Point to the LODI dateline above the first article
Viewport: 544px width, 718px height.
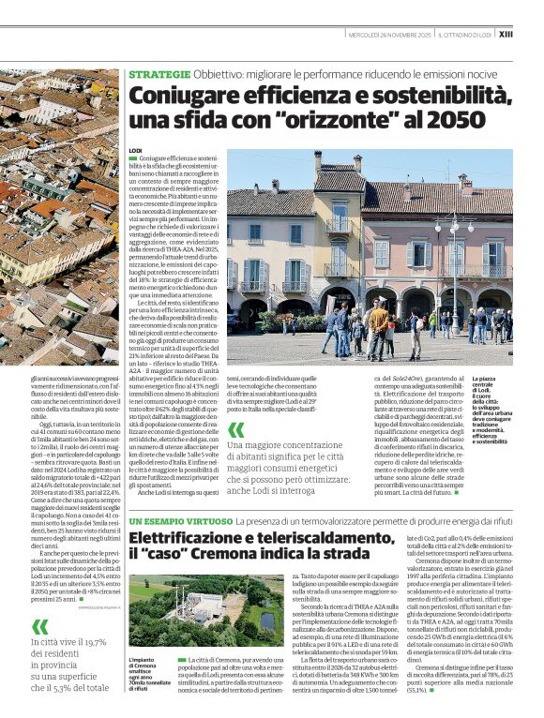pyautogui.click(x=135, y=151)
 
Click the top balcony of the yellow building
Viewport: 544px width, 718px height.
pyautogui.click(x=339, y=228)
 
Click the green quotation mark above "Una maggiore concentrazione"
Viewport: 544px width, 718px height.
pyautogui.click(x=236, y=429)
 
